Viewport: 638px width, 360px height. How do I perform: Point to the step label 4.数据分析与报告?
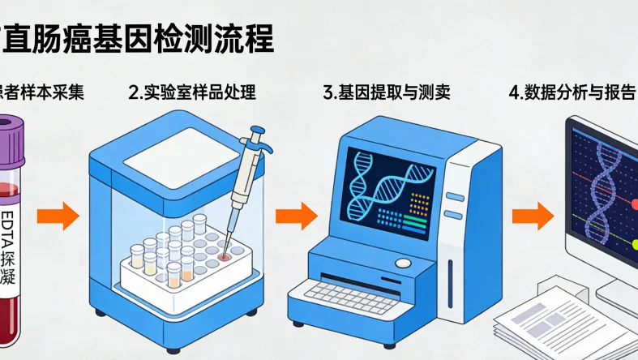[x=571, y=92]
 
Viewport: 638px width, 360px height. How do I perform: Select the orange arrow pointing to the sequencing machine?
[x=296, y=216]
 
